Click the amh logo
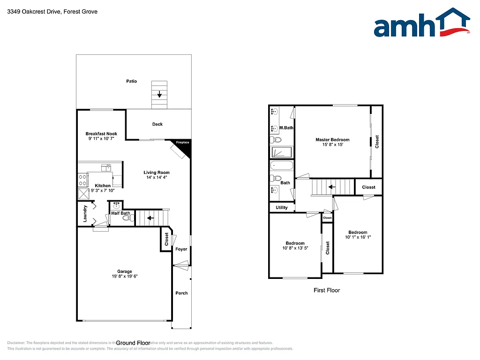pos(421,23)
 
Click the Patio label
pos(132,82)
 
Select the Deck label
pos(157,124)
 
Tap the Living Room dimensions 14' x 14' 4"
pos(157,178)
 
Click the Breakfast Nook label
pos(101,134)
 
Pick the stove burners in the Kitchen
pos(83,180)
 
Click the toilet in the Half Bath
pos(119,218)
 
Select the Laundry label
pos(85,214)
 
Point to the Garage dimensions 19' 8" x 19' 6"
pos(125,277)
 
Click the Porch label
pos(181,293)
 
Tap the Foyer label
pos(181,249)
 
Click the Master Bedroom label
pos(332,140)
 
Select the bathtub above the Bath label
pos(282,166)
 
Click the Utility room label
pos(282,208)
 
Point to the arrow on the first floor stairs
pos(332,187)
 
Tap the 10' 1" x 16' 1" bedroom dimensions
pos(358,238)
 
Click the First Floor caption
pos(327,291)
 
